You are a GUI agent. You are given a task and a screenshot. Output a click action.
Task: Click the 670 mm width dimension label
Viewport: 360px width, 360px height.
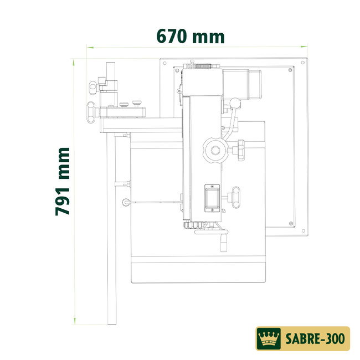click(x=191, y=37)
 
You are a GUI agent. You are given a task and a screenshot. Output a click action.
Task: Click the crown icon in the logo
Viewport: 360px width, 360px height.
click(x=269, y=337)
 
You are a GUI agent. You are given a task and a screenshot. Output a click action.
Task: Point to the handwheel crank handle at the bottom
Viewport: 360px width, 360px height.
click(x=224, y=243)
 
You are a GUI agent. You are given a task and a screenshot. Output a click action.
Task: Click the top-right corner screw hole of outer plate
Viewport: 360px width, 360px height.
click(x=302, y=63)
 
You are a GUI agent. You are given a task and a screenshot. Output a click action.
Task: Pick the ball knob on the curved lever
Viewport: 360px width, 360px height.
click(x=236, y=102)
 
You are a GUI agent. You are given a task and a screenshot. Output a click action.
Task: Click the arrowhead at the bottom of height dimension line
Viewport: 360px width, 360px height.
click(x=74, y=321)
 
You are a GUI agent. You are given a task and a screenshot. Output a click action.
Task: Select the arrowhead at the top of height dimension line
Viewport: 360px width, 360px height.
click(x=74, y=61)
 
